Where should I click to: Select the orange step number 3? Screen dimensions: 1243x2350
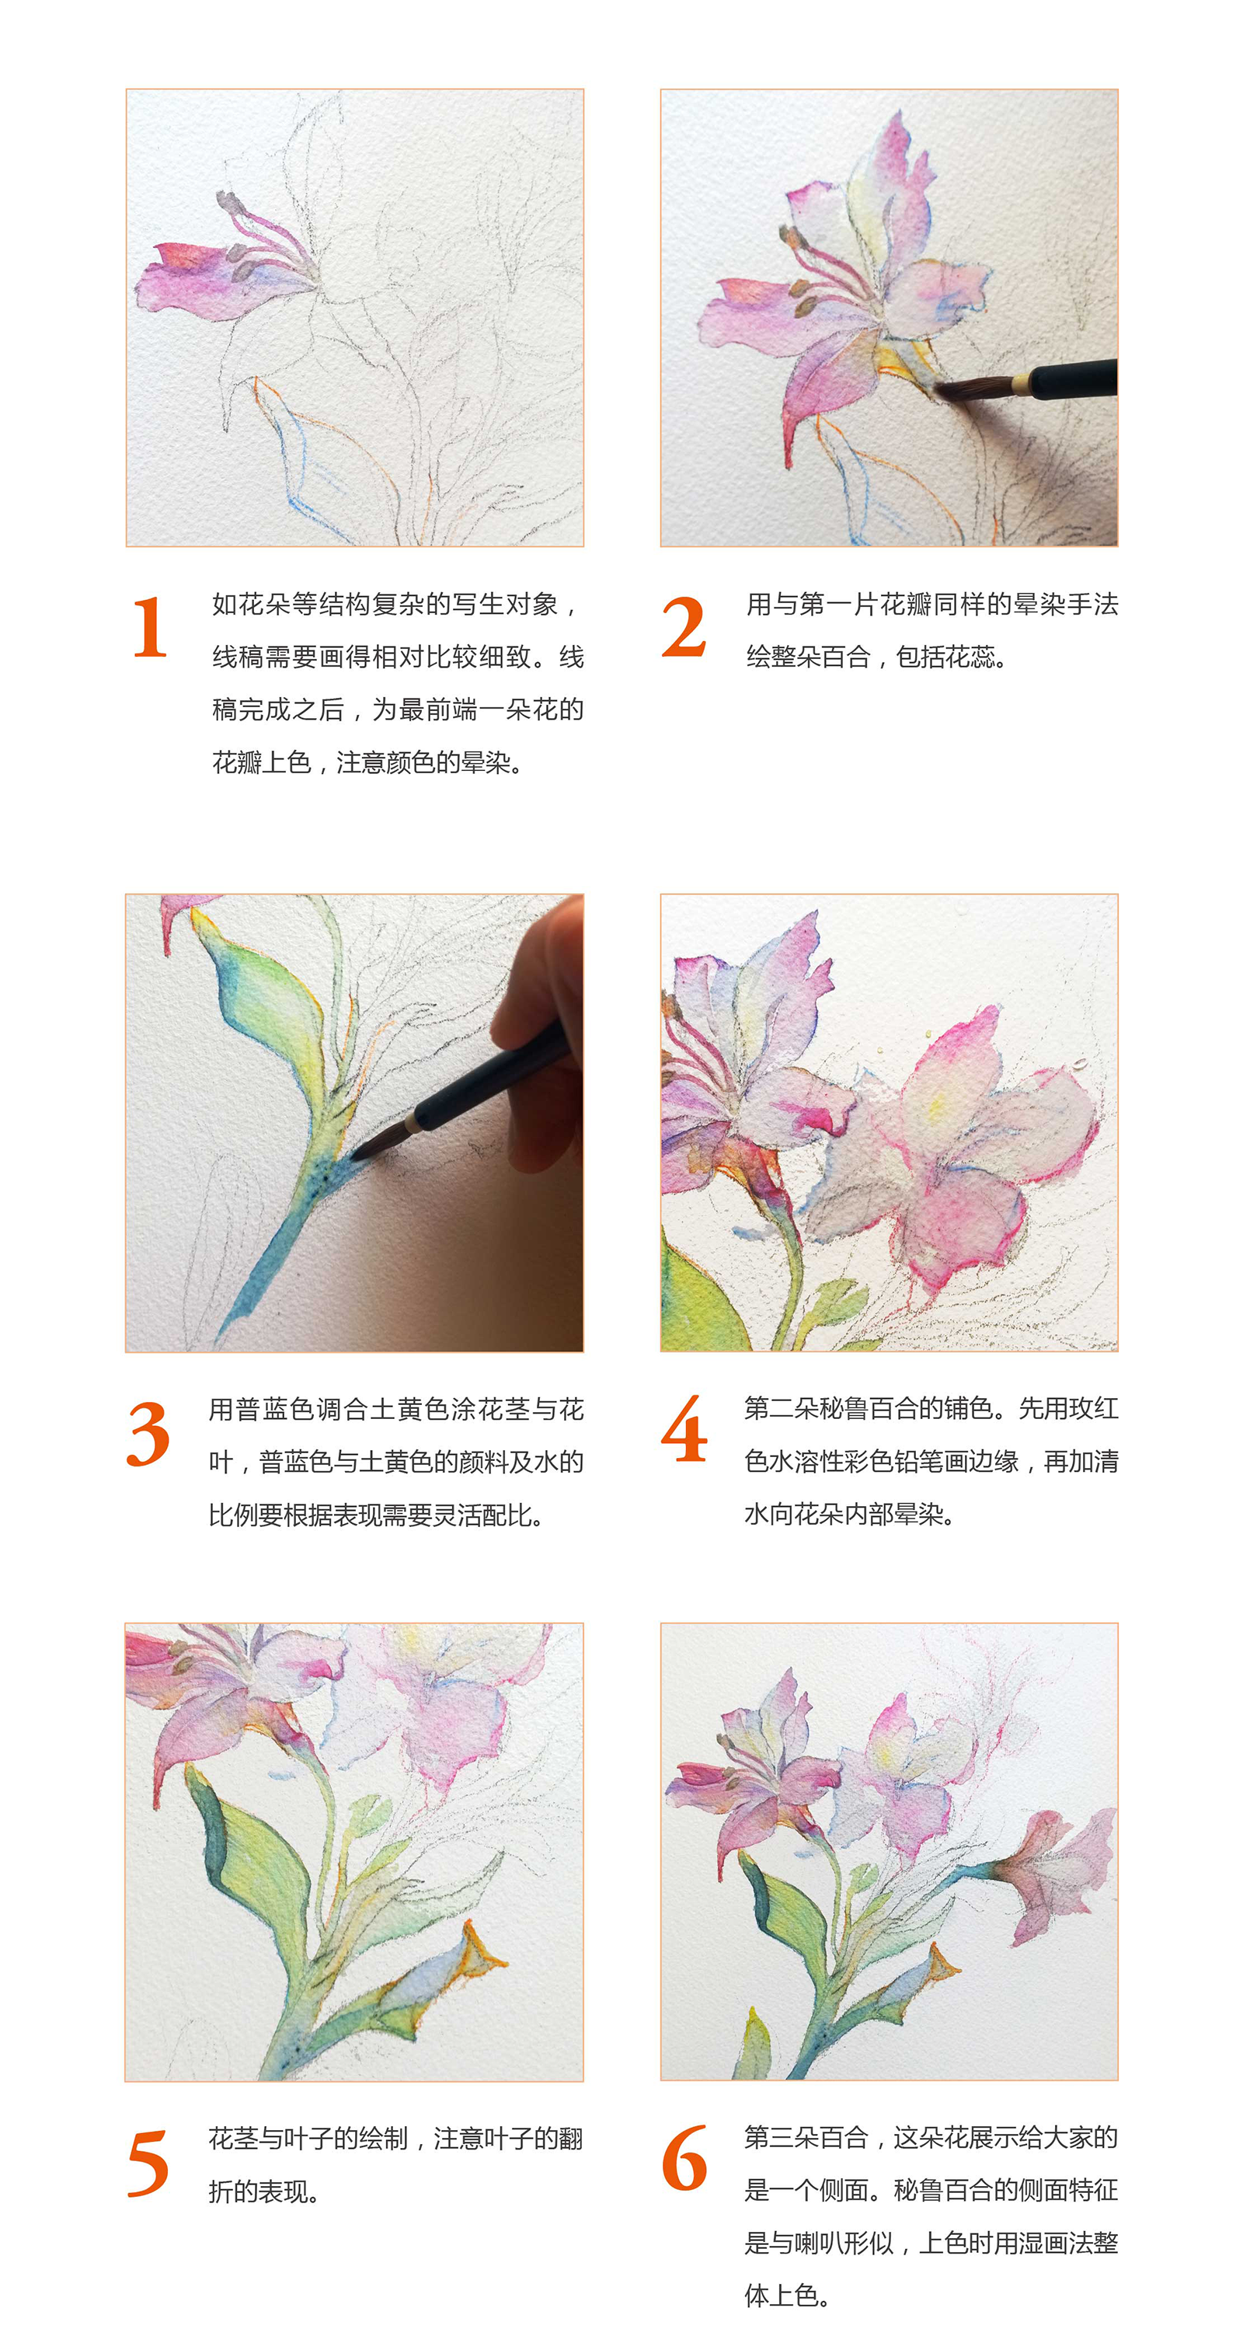pyautogui.click(x=148, y=1433)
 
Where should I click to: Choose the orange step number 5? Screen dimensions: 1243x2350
pyautogui.click(x=148, y=2163)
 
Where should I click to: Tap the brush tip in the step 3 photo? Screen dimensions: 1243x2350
pyautogui.click(x=360, y=1151)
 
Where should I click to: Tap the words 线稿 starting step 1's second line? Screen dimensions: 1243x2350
pyautogui.click(x=237, y=657)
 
